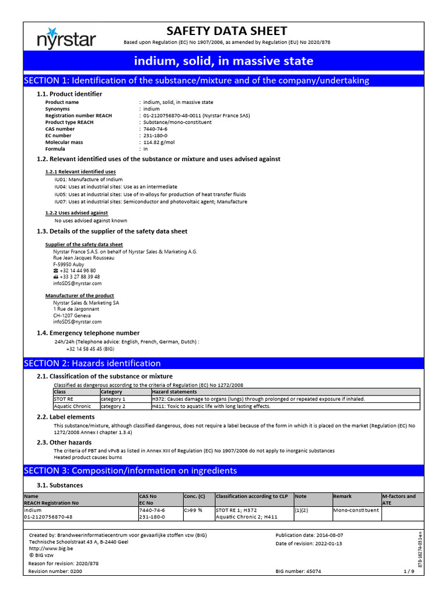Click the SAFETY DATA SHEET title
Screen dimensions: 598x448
coord(226,31)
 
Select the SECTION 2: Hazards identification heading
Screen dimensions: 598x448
coord(92,363)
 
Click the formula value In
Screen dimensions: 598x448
coord(146,149)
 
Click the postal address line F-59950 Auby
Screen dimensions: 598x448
coord(69,264)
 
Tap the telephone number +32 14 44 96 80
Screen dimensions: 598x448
coord(78,270)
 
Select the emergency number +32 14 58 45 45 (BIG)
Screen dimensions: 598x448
coord(90,349)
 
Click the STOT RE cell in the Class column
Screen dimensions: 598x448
coord(64,399)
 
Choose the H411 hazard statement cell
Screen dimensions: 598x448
coord(211,406)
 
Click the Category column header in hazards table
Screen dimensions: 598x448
coord(112,392)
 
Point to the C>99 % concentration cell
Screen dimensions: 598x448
coord(193,510)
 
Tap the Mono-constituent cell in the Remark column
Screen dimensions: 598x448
coord(355,510)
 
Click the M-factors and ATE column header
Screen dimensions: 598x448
coord(399,499)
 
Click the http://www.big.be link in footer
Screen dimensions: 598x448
coord(51,549)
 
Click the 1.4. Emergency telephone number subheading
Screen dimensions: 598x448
coord(88,333)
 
